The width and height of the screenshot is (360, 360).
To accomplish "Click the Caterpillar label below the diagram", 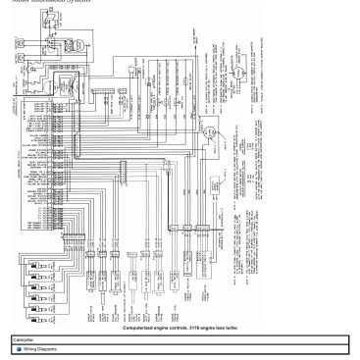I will coord(24,339).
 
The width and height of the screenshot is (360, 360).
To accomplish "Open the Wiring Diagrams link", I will coord(40,348).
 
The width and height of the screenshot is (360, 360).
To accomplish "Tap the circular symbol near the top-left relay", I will coord(65,85).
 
